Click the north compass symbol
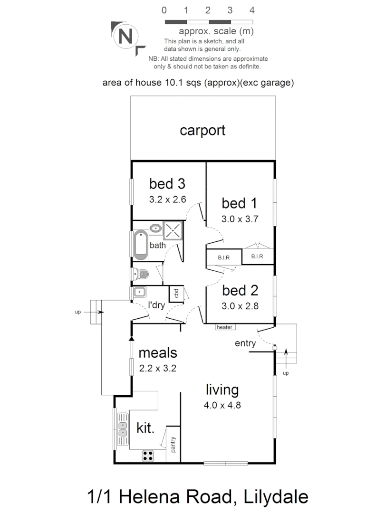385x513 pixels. tap(125, 37)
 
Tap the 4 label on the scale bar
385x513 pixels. tap(252, 10)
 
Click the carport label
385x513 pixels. tap(202, 131)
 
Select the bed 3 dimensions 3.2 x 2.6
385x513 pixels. tap(167, 200)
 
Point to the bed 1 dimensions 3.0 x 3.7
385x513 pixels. tap(240, 219)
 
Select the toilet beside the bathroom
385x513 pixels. tap(141, 274)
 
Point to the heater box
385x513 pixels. tap(224, 327)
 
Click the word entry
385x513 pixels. tap(245, 343)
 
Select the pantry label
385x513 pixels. tap(173, 444)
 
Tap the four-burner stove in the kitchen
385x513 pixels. tap(148, 456)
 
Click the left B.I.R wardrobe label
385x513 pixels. tap(224, 257)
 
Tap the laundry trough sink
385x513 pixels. tap(139, 292)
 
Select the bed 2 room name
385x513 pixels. tap(240, 290)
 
